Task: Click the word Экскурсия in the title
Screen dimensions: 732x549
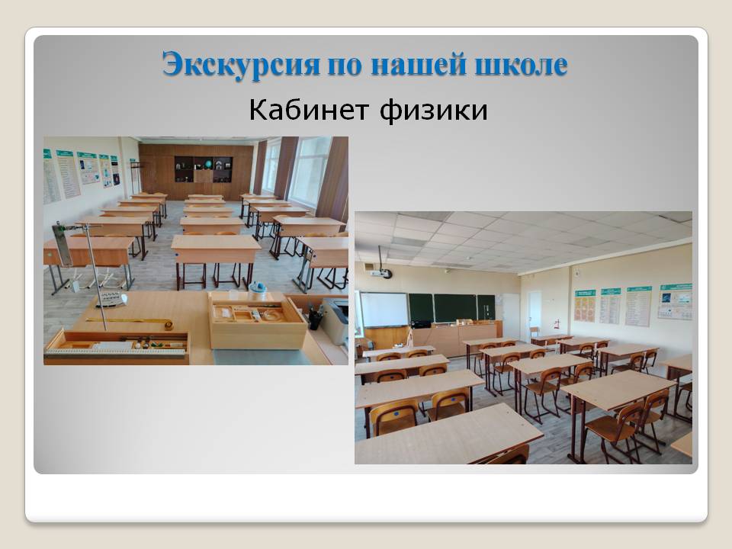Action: click(x=241, y=64)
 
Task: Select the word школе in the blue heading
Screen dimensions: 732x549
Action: click(x=521, y=64)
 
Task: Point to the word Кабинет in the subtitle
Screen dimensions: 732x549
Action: click(x=309, y=110)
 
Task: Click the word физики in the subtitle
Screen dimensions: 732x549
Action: click(x=433, y=111)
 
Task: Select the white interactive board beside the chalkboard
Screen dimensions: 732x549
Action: click(x=384, y=310)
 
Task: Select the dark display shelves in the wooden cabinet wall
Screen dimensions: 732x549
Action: click(x=203, y=169)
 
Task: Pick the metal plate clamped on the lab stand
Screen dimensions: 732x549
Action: click(x=62, y=244)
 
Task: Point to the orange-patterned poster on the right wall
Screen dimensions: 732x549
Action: click(x=585, y=306)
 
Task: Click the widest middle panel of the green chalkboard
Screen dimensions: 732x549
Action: click(x=455, y=309)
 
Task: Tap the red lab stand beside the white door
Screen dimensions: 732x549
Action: click(x=557, y=326)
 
